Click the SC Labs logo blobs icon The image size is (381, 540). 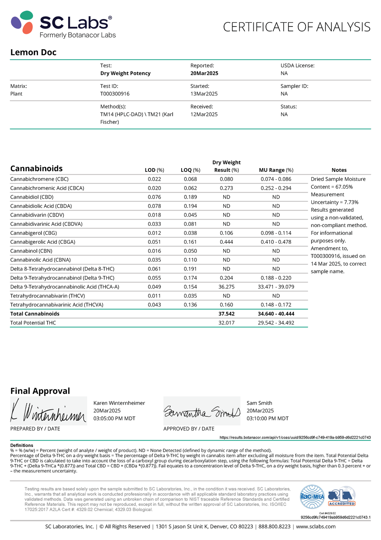(22, 22)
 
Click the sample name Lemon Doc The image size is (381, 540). (33, 52)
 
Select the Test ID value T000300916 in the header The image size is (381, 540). (115, 94)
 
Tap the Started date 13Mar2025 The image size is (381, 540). (204, 94)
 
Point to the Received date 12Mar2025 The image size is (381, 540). (204, 114)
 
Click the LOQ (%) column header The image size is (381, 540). (190, 170)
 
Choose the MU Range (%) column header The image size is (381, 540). (276, 170)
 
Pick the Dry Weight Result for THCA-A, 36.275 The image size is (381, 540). (227, 287)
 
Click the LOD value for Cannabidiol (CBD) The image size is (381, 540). (154, 197)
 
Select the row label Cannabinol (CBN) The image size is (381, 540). (31, 251)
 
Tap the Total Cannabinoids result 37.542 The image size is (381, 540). (227, 314)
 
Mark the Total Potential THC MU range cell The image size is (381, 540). (276, 323)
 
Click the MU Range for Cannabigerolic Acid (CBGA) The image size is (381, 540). (276, 242)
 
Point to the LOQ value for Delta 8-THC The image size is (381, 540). (190, 269)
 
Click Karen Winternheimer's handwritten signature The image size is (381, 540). (48, 411)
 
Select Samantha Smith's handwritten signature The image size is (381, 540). (202, 411)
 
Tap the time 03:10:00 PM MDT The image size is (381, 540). (268, 419)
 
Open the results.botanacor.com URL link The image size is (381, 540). (295, 438)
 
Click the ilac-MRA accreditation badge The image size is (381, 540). (312, 497)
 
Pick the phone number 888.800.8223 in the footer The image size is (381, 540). (275, 527)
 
